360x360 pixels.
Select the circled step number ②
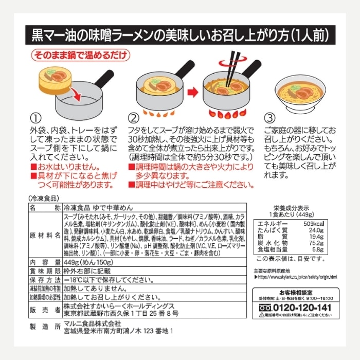(134, 116)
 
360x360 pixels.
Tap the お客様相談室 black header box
(295, 291)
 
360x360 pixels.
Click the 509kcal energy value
(324, 224)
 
